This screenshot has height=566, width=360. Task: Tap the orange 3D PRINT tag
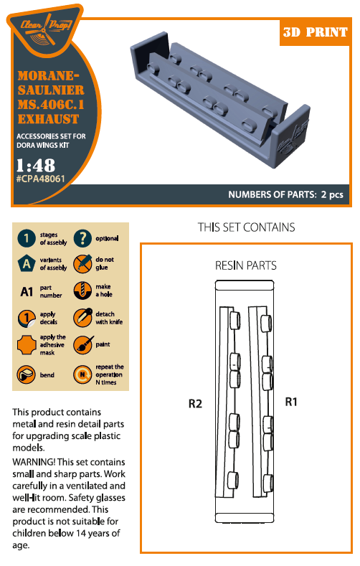[315, 32]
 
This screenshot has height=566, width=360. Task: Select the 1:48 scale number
[36, 165]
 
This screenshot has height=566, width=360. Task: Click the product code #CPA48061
[40, 179]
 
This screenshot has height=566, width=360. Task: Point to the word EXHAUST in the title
[48, 119]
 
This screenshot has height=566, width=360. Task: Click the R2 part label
[195, 404]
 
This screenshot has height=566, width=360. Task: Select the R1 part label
[290, 402]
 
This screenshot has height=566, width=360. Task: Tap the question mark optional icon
[82, 238]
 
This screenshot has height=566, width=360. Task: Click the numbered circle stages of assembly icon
[27, 239]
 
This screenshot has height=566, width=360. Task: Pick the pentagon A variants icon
[27, 264]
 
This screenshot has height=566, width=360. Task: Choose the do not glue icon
[82, 264]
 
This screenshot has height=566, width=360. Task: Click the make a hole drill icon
[82, 291]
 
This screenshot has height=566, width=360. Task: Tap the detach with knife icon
[82, 318]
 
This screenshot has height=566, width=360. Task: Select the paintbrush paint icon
[82, 345]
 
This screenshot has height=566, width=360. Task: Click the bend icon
[26, 374]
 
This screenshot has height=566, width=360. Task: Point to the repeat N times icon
[82, 374]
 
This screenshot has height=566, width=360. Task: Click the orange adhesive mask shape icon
[27, 345]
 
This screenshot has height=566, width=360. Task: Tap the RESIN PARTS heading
[246, 265]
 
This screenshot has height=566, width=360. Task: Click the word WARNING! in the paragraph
[34, 462]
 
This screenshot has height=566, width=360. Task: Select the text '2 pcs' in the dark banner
[332, 194]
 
